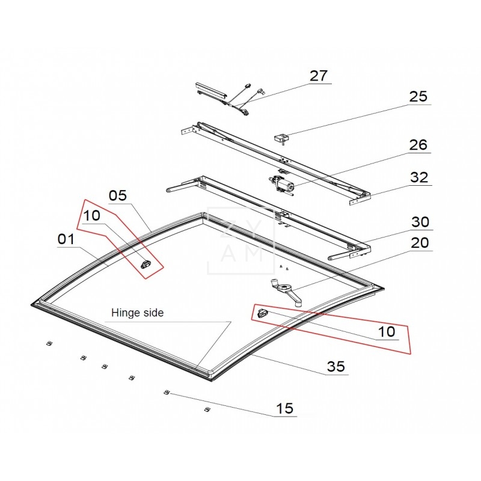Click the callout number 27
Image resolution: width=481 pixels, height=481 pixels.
click(319, 76)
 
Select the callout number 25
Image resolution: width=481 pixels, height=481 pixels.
click(418, 97)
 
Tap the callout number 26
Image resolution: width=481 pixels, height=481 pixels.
click(418, 145)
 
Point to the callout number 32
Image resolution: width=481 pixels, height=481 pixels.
click(418, 177)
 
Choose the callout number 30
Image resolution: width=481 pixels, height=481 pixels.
click(420, 222)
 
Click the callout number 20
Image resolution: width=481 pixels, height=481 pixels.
click(420, 243)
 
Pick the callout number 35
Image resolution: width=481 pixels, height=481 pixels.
click(336, 366)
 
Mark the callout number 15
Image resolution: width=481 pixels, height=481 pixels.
click(284, 408)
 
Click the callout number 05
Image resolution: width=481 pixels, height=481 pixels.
click(118, 195)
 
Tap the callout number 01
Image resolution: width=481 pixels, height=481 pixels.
click(66, 239)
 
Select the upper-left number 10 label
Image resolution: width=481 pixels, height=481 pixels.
click(91, 216)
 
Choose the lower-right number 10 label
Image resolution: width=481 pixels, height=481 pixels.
click(387, 332)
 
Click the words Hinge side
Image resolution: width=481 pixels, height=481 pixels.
click(137, 313)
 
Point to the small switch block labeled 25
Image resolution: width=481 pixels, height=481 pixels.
click(281, 138)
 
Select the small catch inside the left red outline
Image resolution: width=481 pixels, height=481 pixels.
click(145, 263)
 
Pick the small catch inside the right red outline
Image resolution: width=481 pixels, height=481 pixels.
click(262, 313)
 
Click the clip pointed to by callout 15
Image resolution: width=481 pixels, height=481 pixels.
click(167, 393)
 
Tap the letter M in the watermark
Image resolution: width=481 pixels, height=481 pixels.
click(251, 253)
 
